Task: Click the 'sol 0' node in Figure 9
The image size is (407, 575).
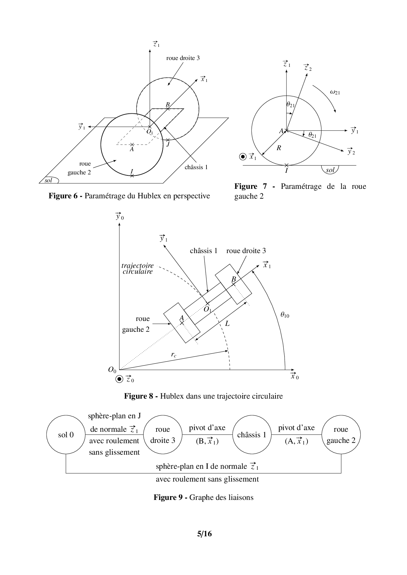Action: (x=66, y=435)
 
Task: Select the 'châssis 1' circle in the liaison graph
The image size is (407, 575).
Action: (x=252, y=435)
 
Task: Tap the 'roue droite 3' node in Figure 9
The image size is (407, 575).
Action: (x=162, y=435)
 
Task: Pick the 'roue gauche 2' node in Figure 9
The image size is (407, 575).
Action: (x=341, y=435)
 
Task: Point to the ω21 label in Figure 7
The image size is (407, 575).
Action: (x=335, y=92)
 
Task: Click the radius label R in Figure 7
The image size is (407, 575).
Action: (x=279, y=148)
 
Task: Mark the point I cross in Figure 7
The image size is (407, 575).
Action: (x=287, y=165)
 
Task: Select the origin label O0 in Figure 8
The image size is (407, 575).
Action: (x=112, y=370)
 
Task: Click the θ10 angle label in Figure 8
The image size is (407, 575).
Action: (x=285, y=315)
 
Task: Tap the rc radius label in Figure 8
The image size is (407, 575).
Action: (x=174, y=354)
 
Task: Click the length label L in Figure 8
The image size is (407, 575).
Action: (x=227, y=324)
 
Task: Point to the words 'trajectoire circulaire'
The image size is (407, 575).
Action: (x=138, y=268)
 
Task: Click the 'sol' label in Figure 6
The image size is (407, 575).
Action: (x=49, y=180)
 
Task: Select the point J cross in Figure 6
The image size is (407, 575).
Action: (x=167, y=140)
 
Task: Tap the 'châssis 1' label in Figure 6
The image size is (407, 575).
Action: (x=196, y=167)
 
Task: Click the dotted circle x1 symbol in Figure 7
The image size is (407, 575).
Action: (x=243, y=157)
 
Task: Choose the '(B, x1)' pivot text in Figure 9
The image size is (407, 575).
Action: (x=207, y=441)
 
